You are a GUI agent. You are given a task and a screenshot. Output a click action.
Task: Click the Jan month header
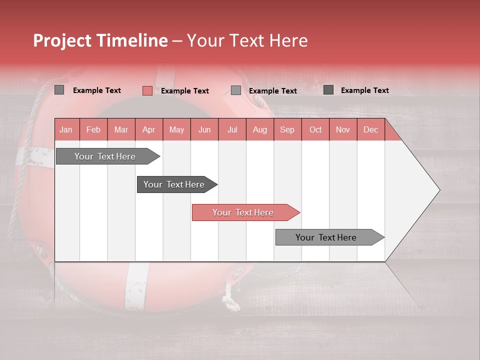(66, 130)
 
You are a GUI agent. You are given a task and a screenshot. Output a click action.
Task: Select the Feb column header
(93, 130)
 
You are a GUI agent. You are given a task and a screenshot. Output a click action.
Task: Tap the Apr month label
(149, 130)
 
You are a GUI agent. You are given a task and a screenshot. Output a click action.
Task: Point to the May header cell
(176, 130)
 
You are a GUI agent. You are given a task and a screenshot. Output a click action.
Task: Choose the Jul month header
(232, 130)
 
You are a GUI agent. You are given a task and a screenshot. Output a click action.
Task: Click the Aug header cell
(260, 130)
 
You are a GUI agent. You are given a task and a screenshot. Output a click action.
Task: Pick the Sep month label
(287, 130)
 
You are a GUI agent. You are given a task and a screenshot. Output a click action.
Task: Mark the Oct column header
(315, 130)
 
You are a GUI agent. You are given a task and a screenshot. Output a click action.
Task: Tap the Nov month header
(343, 130)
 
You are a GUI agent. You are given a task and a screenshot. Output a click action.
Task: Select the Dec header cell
(370, 130)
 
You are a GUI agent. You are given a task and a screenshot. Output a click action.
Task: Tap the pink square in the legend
(147, 90)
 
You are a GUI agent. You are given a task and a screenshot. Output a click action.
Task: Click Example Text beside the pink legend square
(185, 91)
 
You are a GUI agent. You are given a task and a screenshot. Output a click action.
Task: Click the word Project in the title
(61, 40)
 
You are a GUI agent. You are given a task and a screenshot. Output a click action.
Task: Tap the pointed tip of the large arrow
(438, 190)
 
